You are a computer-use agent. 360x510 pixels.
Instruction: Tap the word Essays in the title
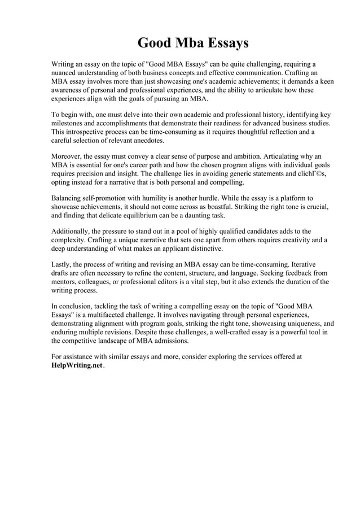coord(225,43)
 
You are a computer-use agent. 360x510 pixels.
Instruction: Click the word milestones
coord(70,123)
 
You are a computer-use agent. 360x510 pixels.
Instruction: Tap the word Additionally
coord(72,232)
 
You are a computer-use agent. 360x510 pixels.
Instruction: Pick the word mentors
coord(65,282)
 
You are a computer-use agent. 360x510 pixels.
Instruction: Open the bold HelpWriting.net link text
coord(77,365)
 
